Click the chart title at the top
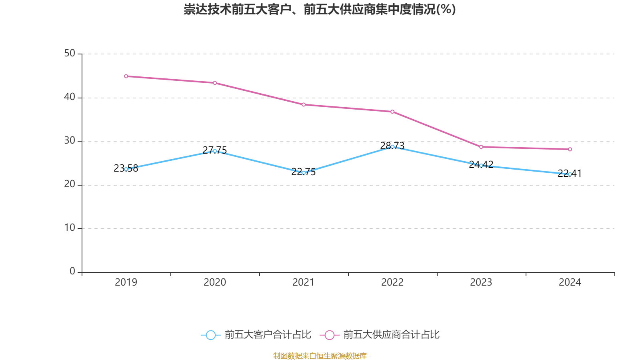(320, 9)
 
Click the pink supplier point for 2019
(126, 76)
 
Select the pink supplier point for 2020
(215, 83)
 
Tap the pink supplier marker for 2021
(304, 105)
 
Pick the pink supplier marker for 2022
(392, 112)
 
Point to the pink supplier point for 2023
(481, 147)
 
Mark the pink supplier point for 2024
(570, 149)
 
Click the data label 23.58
(126, 168)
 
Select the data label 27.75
(215, 150)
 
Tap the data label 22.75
(304, 172)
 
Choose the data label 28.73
(392, 146)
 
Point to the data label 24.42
(481, 164)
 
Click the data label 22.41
(570, 173)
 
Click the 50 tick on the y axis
(70, 53)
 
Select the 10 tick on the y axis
(70, 228)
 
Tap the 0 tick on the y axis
(72, 271)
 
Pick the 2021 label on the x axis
(304, 282)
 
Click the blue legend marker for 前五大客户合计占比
(211, 335)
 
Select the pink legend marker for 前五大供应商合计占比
(330, 335)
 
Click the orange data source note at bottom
(320, 356)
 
